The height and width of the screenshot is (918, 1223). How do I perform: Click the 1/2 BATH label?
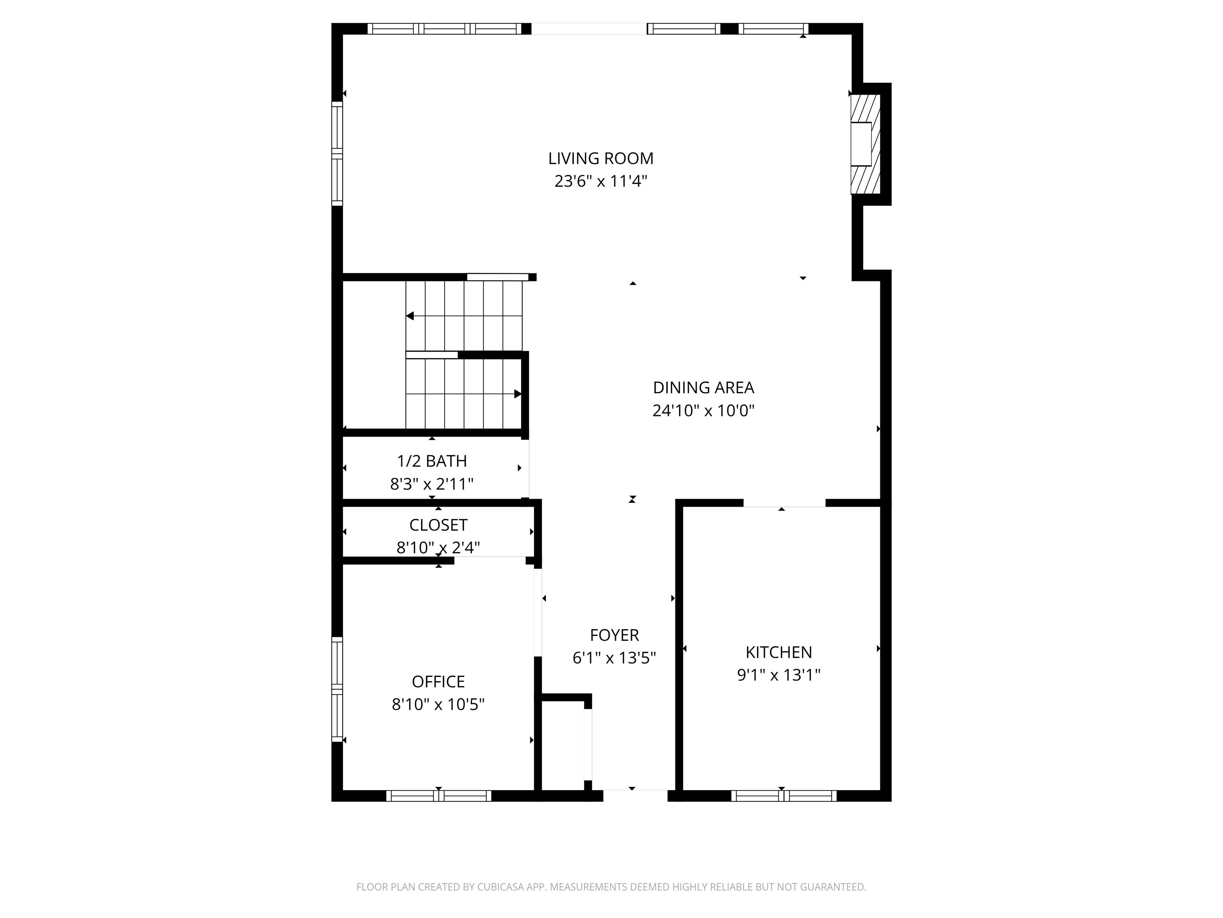pyautogui.click(x=432, y=461)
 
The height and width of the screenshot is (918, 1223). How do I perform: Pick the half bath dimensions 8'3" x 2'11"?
pyautogui.click(x=432, y=484)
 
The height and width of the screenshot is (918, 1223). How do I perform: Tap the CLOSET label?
pyautogui.click(x=438, y=525)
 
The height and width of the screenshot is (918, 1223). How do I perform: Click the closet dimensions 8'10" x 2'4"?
pyautogui.click(x=438, y=547)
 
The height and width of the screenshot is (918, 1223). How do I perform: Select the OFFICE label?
pyautogui.click(x=438, y=681)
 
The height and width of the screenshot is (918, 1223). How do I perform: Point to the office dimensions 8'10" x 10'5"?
pyautogui.click(x=438, y=704)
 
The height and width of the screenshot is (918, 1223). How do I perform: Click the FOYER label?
pyautogui.click(x=614, y=635)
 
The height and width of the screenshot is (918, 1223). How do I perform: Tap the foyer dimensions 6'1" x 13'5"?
pyautogui.click(x=614, y=658)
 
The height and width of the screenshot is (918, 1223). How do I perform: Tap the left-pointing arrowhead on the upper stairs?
pyautogui.click(x=410, y=316)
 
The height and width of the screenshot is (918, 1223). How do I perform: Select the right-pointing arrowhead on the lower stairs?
pyautogui.click(x=518, y=394)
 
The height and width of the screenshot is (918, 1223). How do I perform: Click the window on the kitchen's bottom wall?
pyautogui.click(x=783, y=796)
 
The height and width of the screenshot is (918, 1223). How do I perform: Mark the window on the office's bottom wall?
pyautogui.click(x=438, y=796)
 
